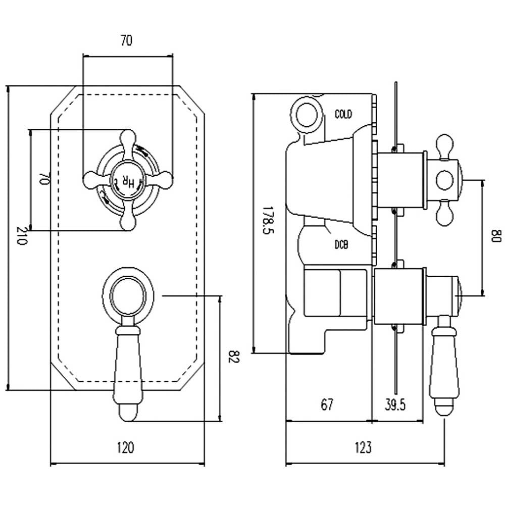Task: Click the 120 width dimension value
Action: tap(125, 447)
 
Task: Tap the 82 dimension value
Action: tap(234, 357)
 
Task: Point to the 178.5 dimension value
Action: tap(268, 220)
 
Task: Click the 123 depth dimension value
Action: tap(363, 447)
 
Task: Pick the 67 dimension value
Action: tap(327, 405)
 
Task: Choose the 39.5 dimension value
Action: tap(395, 405)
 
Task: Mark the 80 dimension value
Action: tap(496, 236)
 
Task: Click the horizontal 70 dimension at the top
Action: tap(126, 40)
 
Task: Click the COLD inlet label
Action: tap(343, 114)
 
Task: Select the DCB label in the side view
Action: tap(341, 245)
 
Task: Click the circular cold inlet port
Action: tap(307, 115)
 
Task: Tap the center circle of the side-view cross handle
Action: tap(445, 180)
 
